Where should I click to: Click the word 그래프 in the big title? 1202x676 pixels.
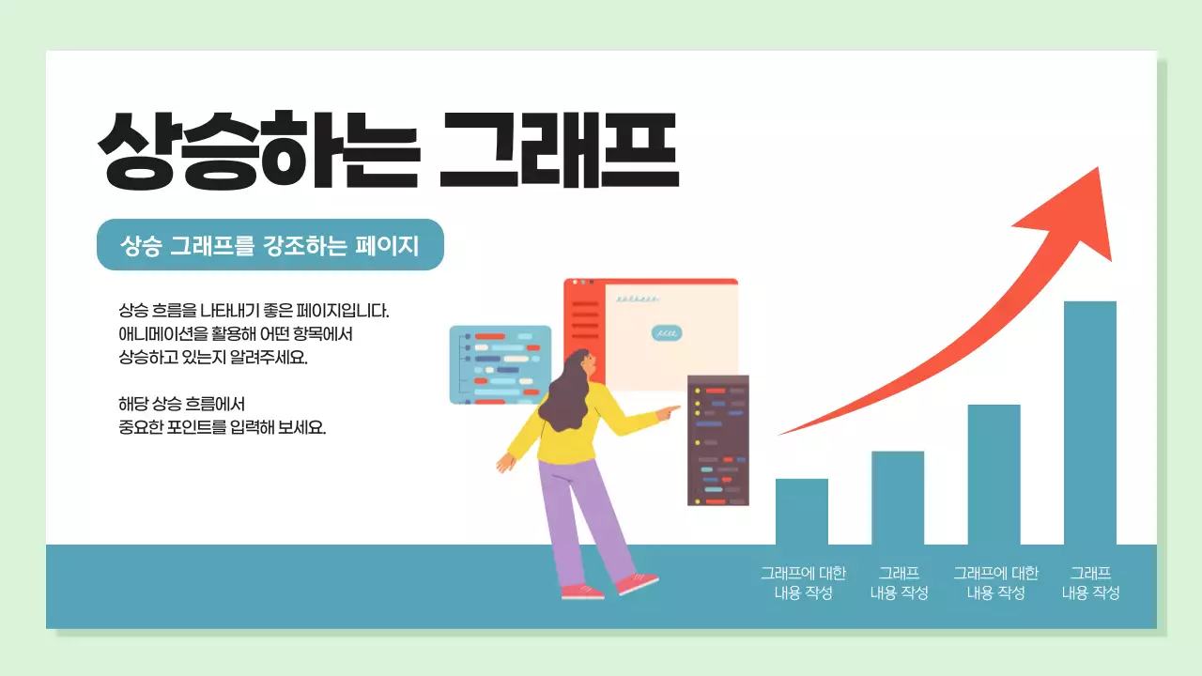coord(559,150)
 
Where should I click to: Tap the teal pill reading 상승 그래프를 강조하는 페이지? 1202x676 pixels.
coord(270,245)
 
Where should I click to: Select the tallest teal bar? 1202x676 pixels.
coord(1089,422)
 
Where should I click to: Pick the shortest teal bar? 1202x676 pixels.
coord(801,512)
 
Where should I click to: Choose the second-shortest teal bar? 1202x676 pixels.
coord(897,498)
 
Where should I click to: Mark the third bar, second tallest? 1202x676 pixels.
coord(994,474)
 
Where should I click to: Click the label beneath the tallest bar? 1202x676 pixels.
coord(1090,582)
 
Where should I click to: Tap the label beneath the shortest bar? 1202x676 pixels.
coord(803,582)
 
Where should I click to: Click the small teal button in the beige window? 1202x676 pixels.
coord(667,332)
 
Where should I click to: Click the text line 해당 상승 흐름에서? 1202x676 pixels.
coord(181,405)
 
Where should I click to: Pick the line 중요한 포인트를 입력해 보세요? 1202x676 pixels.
coord(222,427)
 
